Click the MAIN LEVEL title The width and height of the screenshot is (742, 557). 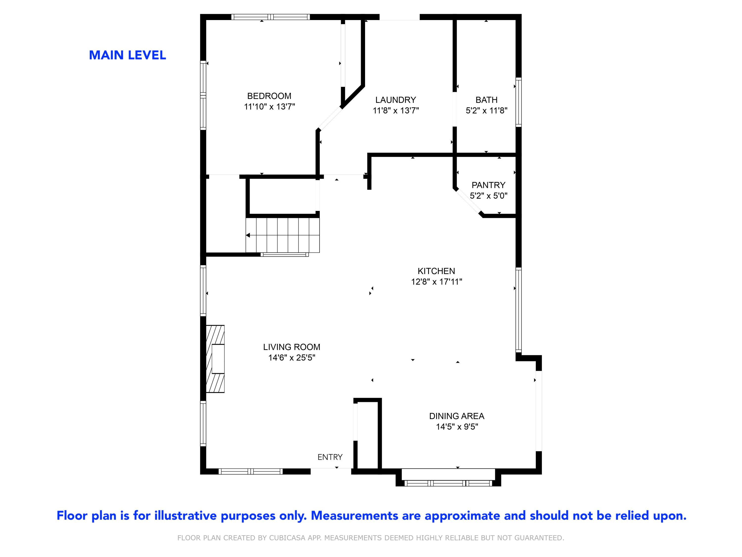click(127, 55)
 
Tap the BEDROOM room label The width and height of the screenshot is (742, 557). click(269, 96)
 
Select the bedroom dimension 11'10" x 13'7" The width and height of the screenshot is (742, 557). click(269, 107)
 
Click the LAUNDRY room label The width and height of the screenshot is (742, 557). click(395, 100)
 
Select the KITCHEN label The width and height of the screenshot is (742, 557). click(436, 271)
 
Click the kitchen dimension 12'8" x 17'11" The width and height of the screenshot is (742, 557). click(436, 282)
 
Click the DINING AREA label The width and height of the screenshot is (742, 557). click(457, 416)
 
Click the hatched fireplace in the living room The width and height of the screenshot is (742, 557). click(215, 358)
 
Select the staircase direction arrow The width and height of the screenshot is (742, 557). click(248, 235)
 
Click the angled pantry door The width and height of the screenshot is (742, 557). click(468, 202)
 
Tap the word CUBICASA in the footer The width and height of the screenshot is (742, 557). click(287, 538)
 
